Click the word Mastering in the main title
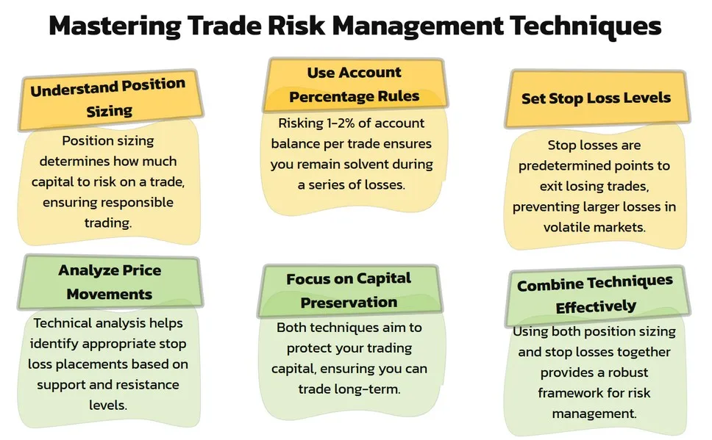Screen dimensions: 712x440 click(x=115, y=26)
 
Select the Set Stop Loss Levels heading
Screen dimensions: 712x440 click(x=596, y=98)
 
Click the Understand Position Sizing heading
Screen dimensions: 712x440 click(x=108, y=98)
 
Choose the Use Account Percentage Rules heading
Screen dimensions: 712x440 click(x=355, y=84)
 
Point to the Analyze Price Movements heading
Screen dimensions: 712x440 click(x=110, y=281)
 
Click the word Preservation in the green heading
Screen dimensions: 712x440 click(x=349, y=302)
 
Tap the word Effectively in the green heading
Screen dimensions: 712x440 click(x=596, y=307)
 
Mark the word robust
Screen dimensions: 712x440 click(x=628, y=372)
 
